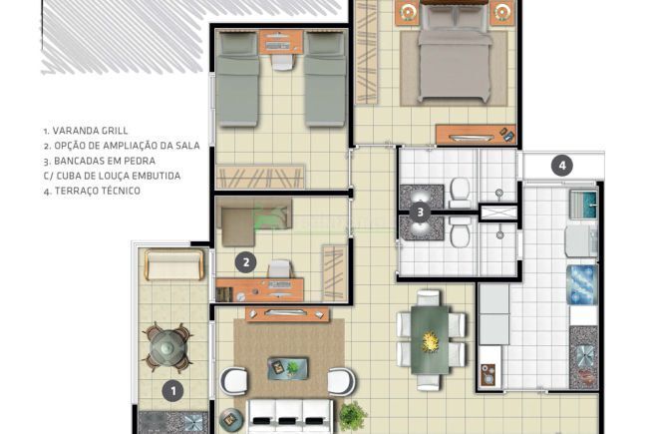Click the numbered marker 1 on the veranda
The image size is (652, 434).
(172, 390)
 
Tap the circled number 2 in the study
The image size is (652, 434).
(246, 262)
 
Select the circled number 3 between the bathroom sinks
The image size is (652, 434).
(421, 212)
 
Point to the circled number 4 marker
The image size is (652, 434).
(562, 166)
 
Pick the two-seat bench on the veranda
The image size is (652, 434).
(174, 265)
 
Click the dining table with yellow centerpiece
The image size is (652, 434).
(431, 339)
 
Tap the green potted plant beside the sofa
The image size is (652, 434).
(351, 413)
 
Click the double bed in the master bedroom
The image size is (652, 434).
(455, 60)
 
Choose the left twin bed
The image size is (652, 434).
(238, 77)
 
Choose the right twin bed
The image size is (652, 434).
(325, 77)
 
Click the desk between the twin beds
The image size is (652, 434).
(281, 42)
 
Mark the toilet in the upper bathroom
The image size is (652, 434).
(461, 189)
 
